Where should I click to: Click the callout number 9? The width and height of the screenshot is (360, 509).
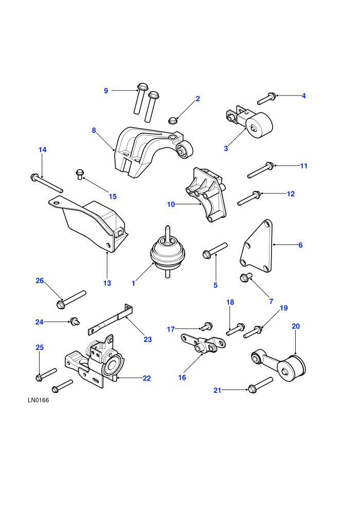[x=106, y=91]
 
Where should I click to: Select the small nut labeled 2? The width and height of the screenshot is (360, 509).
[x=172, y=120]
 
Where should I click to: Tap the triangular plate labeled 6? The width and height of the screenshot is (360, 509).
[x=257, y=246]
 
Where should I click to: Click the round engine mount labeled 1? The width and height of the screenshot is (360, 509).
[x=167, y=253]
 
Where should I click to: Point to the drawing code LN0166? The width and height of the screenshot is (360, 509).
[x=38, y=400]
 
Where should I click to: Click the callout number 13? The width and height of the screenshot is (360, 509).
[x=107, y=283]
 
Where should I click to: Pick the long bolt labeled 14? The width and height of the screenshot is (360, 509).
[x=46, y=183]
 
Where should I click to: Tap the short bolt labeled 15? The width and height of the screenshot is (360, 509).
[x=79, y=174]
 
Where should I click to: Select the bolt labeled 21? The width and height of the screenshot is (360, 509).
[x=260, y=385]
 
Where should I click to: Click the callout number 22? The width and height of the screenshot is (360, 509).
[x=147, y=378]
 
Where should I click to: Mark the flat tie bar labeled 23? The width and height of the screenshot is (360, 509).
[x=111, y=320]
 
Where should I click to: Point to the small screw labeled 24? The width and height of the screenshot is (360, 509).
[x=75, y=322]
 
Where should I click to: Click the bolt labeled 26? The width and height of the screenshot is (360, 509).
[x=71, y=300]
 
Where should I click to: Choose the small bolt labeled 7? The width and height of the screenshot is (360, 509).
[x=246, y=278]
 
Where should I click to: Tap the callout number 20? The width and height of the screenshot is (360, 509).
[x=296, y=326]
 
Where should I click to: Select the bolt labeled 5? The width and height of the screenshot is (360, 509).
[x=214, y=250]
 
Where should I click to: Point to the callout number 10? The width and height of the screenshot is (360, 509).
[x=171, y=205]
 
